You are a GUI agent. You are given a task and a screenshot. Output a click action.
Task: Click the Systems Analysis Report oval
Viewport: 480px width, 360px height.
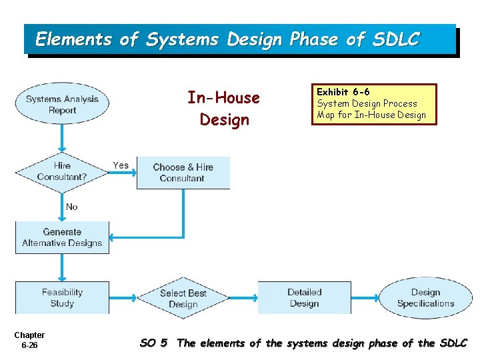pyautogui.click(x=62, y=105)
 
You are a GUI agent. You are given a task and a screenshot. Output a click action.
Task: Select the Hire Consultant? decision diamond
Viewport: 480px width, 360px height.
pyautogui.click(x=62, y=171)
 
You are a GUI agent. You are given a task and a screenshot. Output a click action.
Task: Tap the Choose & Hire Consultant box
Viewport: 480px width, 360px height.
pyautogui.click(x=183, y=173)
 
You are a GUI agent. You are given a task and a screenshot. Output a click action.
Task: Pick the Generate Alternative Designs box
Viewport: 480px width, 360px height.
pyautogui.click(x=62, y=237)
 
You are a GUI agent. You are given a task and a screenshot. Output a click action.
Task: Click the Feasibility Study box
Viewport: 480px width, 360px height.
pyautogui.click(x=62, y=298)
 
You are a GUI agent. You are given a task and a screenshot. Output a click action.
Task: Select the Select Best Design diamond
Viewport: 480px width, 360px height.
pyautogui.click(x=183, y=298)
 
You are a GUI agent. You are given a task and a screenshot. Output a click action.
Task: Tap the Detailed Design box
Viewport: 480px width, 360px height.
pyautogui.click(x=304, y=298)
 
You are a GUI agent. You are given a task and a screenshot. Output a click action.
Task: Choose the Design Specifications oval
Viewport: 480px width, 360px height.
pyautogui.click(x=425, y=298)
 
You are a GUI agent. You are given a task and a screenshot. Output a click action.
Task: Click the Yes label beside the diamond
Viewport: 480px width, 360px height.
pyautogui.click(x=121, y=165)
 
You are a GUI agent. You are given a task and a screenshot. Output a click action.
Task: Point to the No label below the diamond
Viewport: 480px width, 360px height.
pyautogui.click(x=71, y=207)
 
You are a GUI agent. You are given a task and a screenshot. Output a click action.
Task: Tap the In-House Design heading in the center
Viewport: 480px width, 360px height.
pyautogui.click(x=224, y=109)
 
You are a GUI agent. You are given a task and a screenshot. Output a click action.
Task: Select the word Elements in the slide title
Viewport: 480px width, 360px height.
pyautogui.click(x=74, y=39)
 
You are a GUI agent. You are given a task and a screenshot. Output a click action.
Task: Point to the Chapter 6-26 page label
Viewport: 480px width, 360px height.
pyautogui.click(x=29, y=340)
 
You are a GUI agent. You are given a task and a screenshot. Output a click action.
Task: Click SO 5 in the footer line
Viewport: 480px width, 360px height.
pyautogui.click(x=153, y=343)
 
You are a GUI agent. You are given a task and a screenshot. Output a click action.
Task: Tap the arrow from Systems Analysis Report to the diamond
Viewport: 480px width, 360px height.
pyautogui.click(x=62, y=139)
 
